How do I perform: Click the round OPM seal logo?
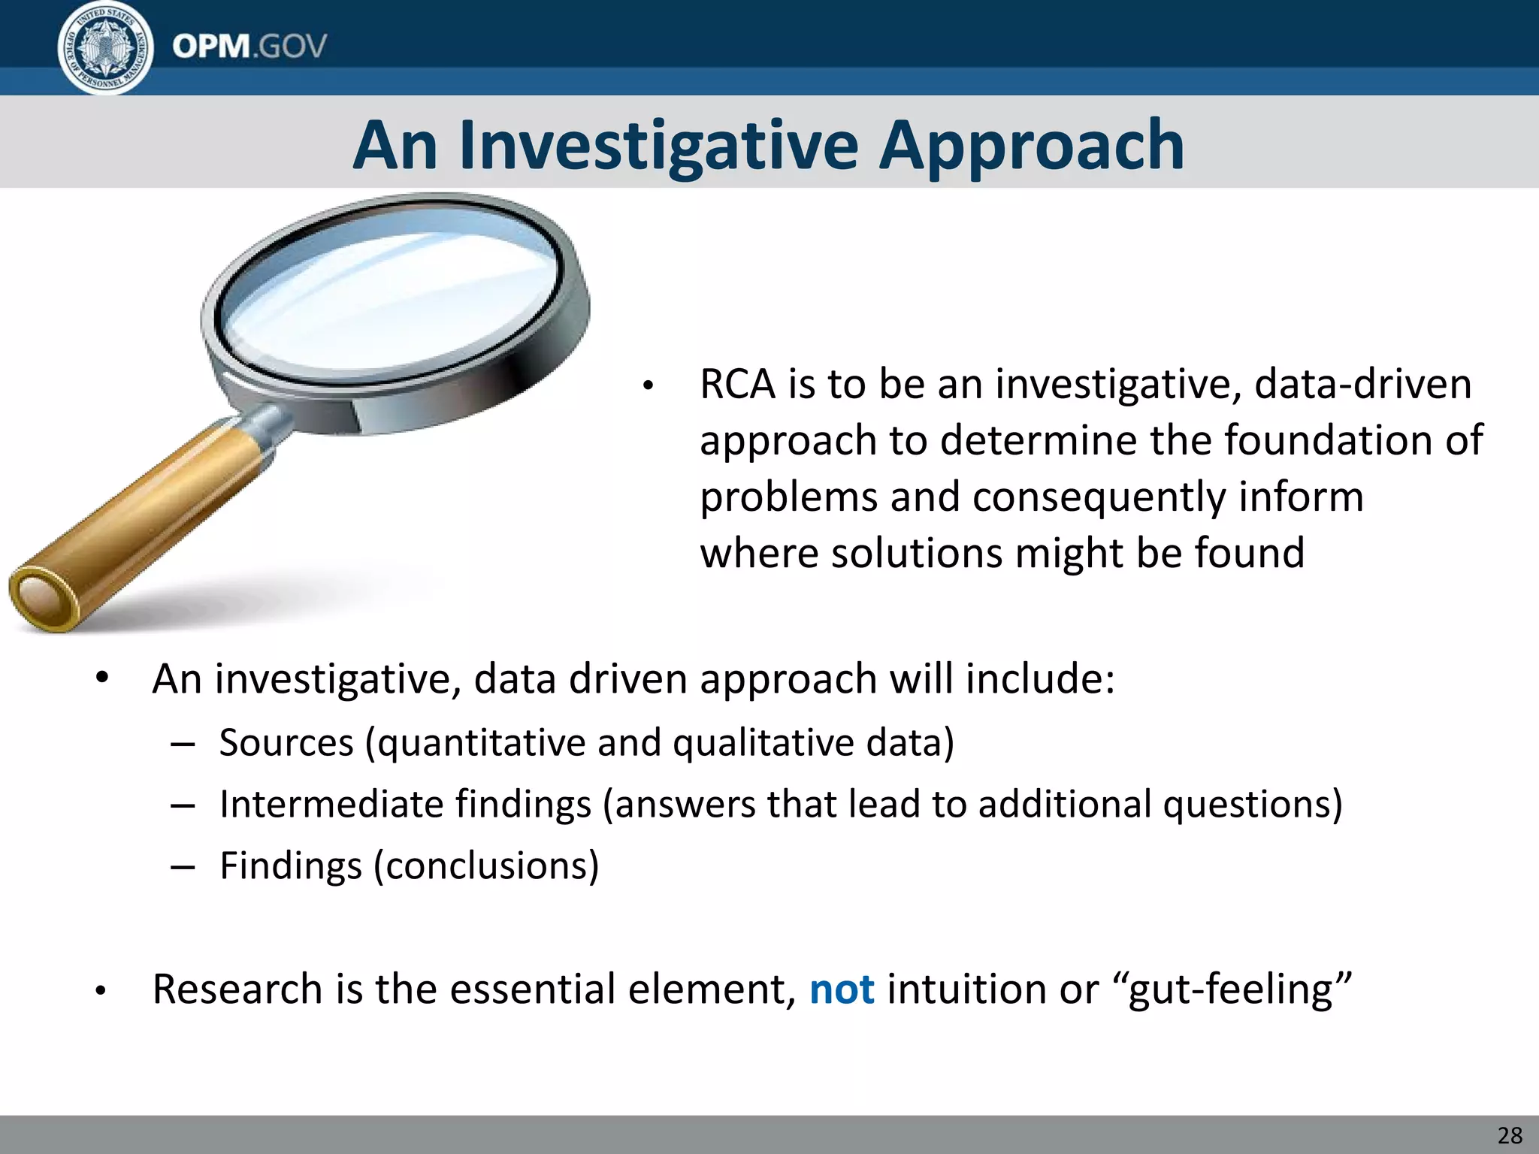(x=106, y=48)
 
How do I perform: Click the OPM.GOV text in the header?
(x=249, y=47)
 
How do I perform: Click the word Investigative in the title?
(x=658, y=146)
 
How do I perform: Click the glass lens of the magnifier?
(x=391, y=301)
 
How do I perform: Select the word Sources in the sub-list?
(x=286, y=743)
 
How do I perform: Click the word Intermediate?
(x=405, y=804)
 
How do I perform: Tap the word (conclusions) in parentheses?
(x=486, y=865)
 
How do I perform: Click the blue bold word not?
(x=842, y=989)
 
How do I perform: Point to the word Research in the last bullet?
(x=237, y=989)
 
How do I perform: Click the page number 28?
(x=1510, y=1135)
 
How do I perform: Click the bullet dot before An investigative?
(x=102, y=678)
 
